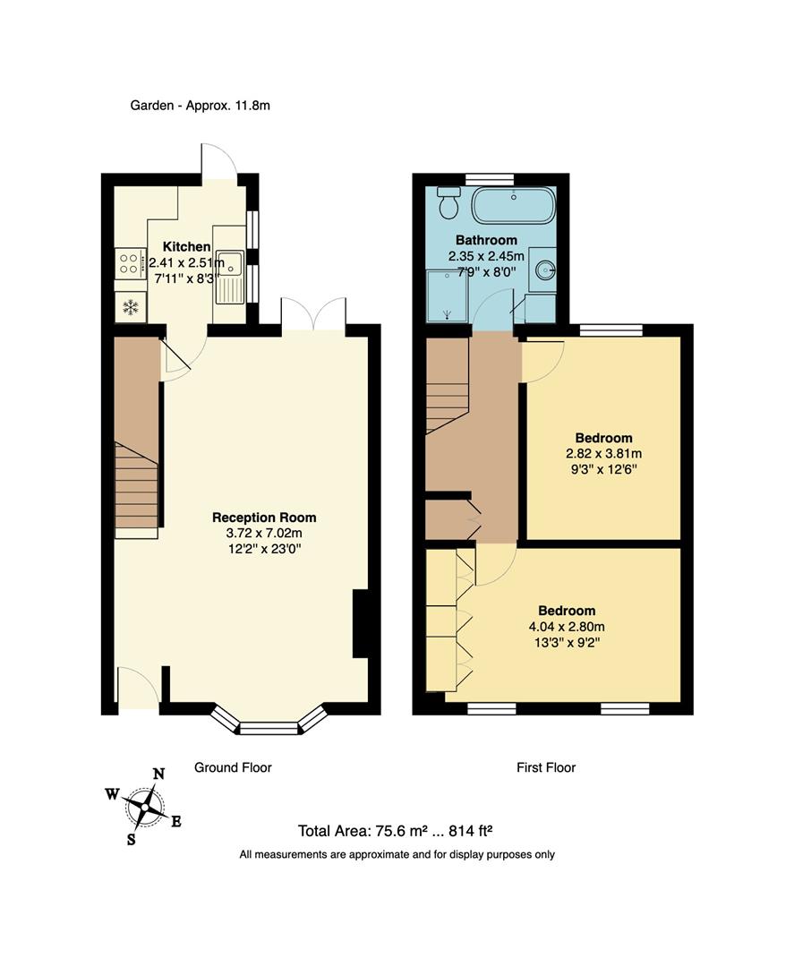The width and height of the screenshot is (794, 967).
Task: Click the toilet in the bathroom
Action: (x=449, y=204)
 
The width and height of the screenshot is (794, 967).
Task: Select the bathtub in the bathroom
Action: (x=513, y=206)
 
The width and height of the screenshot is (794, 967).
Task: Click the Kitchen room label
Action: (x=186, y=246)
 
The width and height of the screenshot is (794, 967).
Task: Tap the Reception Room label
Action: (x=264, y=518)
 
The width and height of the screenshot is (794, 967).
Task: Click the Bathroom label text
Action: (x=486, y=240)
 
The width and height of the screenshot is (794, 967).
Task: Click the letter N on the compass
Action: (x=159, y=774)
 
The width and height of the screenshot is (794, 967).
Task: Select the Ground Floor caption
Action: (x=233, y=767)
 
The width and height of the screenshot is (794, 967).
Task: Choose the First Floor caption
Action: (x=546, y=767)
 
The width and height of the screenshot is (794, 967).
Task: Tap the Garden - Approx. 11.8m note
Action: (x=200, y=105)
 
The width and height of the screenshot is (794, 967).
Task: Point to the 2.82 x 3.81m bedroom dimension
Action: (x=603, y=453)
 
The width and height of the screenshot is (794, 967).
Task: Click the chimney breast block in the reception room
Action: (x=361, y=624)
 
